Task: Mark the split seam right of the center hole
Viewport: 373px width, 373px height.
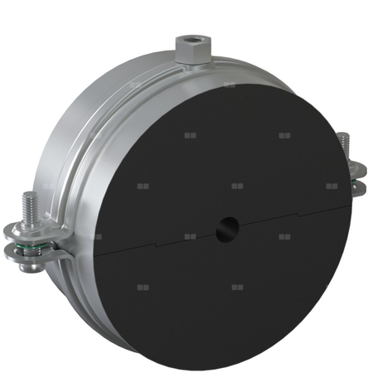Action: pyautogui.click(x=290, y=217)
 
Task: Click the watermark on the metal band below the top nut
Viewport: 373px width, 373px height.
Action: pyautogui.click(x=229, y=85)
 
